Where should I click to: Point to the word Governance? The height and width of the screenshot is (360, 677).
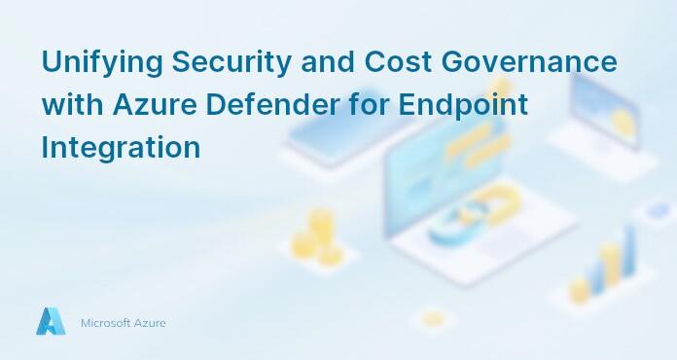[535, 61]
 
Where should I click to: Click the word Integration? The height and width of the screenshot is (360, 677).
[121, 148]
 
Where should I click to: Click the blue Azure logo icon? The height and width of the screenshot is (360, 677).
[51, 321]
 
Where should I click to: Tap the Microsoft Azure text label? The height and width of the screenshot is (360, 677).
[123, 322]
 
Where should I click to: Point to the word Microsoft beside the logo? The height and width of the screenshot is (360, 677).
[103, 322]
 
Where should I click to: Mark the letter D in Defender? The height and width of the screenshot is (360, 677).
[206, 104]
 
